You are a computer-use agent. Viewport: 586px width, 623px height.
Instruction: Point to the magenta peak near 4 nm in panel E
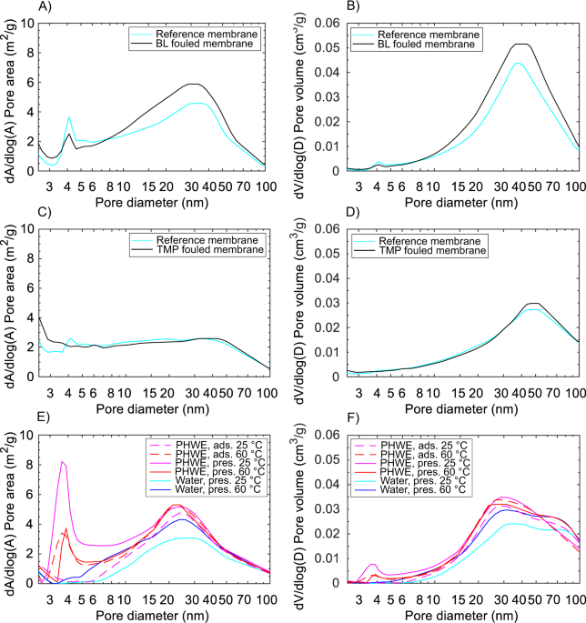(x=62, y=462)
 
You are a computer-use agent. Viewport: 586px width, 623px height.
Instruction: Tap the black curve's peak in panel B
(x=520, y=44)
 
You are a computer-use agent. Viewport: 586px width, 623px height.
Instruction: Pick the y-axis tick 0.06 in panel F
(x=331, y=436)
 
